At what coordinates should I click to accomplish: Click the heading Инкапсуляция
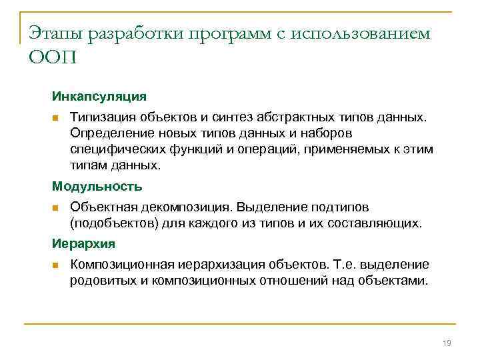99,97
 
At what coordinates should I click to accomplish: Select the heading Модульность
97,187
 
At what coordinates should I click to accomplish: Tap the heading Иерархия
84,243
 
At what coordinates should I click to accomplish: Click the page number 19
447,343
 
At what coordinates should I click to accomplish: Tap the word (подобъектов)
112,223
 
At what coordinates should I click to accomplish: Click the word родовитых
101,280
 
